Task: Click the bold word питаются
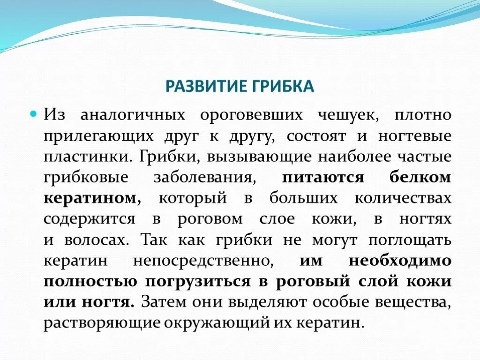323,178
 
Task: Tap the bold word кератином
92,198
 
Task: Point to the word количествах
403,198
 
